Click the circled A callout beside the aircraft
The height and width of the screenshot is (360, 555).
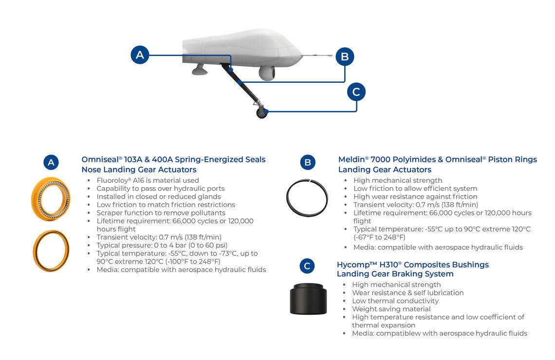tap(140, 55)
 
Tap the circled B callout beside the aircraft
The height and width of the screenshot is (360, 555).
tap(345, 57)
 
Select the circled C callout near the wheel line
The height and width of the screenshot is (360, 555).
tap(356, 92)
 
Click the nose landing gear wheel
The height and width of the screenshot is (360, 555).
tap(262, 113)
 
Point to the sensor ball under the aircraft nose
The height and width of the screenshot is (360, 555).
tap(266, 73)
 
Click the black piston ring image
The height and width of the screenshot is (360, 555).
tap(307, 198)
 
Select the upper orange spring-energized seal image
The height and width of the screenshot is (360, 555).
tap(51, 199)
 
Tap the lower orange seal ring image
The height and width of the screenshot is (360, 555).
tap(51, 251)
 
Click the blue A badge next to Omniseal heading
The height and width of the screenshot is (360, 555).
tap(51, 162)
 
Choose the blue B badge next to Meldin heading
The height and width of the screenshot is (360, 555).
tap(307, 162)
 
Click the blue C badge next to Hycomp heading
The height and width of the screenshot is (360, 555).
tap(307, 266)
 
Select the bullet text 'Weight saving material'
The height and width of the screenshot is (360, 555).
tap(391, 309)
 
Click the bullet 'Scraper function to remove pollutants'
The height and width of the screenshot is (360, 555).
tap(161, 213)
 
